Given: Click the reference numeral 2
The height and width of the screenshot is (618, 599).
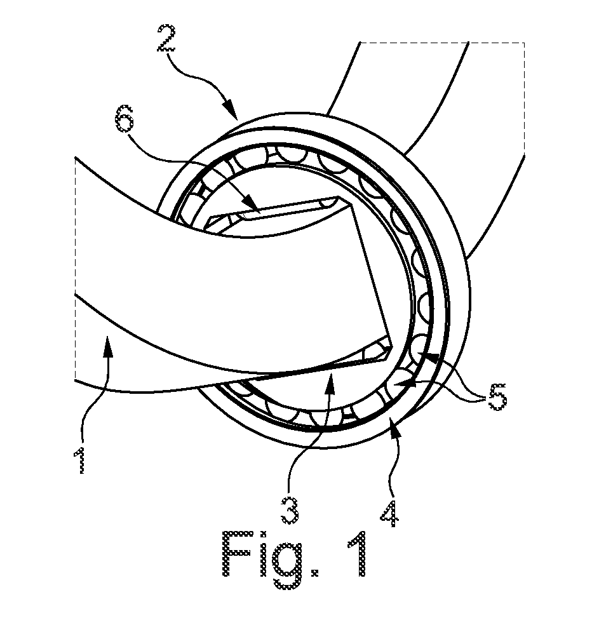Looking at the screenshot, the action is tap(166, 38).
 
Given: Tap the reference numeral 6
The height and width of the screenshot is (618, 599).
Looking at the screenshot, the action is tap(125, 118).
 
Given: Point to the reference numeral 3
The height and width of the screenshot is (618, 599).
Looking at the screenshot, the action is tap(289, 510).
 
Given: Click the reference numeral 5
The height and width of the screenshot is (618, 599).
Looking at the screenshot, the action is tap(497, 396).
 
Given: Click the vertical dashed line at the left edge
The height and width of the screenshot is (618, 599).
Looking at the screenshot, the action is tap(75, 269).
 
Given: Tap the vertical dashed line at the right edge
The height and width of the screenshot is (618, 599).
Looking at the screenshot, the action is tap(524, 98).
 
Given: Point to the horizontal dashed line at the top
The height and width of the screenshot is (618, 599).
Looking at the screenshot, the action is tap(442, 42).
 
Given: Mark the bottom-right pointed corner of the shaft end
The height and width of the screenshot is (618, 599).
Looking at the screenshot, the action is tap(393, 347).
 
